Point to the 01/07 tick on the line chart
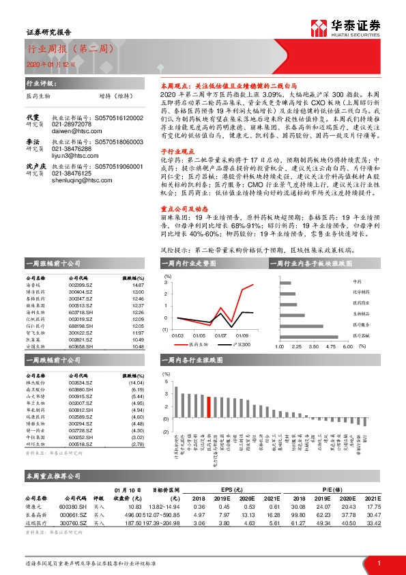221,335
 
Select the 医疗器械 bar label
361,335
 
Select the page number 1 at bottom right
378,563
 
